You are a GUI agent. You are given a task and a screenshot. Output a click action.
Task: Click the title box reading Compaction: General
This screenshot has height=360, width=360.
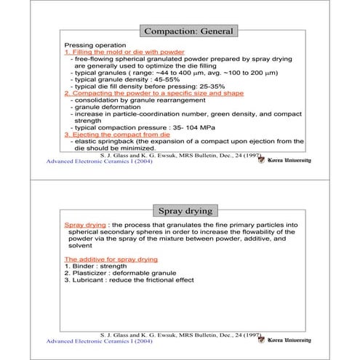(188, 31)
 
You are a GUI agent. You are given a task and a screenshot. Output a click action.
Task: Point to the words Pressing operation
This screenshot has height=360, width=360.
(91, 45)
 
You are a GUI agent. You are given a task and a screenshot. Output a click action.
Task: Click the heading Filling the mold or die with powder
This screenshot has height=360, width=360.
(124, 52)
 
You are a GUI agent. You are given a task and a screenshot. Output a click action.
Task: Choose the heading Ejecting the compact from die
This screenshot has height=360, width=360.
(118, 134)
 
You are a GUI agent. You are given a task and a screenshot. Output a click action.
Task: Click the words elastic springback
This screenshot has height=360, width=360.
(103, 141)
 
